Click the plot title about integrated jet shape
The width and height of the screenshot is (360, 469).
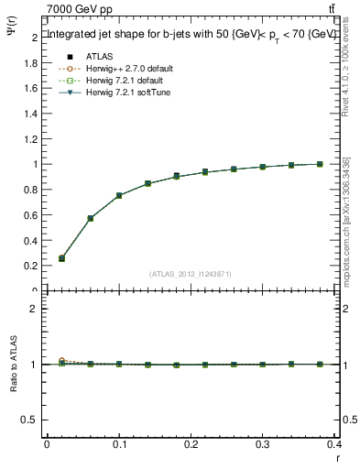[x=191, y=34]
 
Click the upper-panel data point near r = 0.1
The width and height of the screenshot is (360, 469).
[x=119, y=195]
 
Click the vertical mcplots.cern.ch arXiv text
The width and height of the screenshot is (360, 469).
[x=348, y=220]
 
